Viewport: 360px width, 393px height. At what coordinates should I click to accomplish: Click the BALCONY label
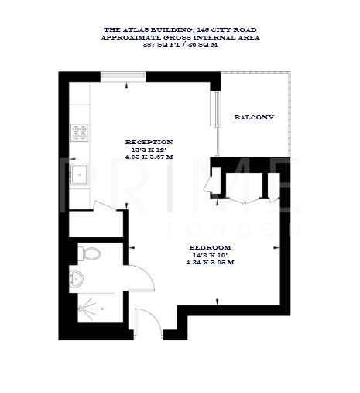tap(254, 117)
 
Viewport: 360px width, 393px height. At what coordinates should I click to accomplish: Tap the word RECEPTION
tap(149, 142)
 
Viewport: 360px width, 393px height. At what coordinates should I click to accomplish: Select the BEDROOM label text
tap(211, 247)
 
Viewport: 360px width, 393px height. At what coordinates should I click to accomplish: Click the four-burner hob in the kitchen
tap(80, 133)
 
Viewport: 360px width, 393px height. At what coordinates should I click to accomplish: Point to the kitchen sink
tap(79, 174)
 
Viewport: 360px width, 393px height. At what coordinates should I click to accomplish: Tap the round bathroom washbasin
tap(76, 279)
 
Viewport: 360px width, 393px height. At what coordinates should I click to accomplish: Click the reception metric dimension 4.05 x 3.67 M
tap(149, 157)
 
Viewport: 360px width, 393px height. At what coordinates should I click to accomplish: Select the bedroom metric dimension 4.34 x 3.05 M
tap(211, 262)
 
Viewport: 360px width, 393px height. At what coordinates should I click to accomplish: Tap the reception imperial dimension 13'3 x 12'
tap(149, 150)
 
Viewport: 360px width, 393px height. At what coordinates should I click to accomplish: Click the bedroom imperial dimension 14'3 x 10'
tap(211, 255)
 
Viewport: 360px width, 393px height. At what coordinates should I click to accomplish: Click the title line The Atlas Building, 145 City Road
tap(180, 29)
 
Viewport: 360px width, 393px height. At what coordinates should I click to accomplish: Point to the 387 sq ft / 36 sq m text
tap(180, 43)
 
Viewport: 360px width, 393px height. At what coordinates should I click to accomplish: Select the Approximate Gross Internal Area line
tap(180, 36)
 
